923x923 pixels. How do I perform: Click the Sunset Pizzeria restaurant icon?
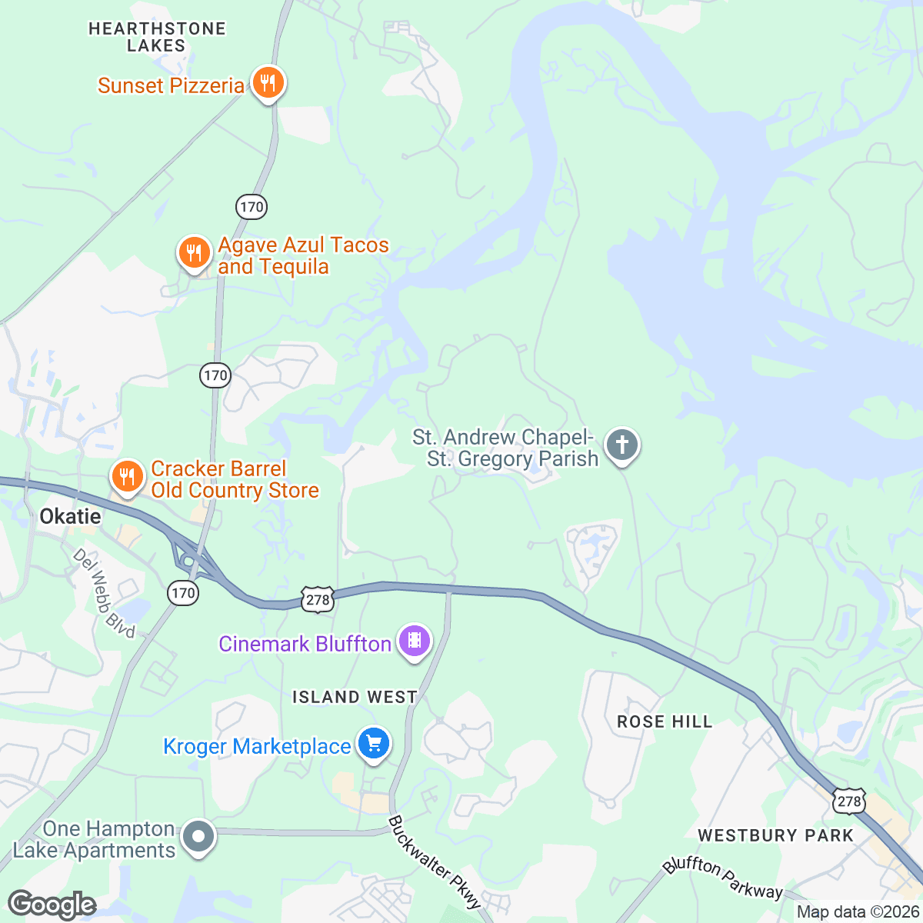click(x=268, y=82)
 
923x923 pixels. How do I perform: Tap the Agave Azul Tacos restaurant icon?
click(x=194, y=253)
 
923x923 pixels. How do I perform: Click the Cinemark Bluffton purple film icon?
click(x=415, y=641)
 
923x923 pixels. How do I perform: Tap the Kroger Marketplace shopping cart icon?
click(x=374, y=745)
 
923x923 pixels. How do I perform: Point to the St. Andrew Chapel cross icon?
click(x=622, y=445)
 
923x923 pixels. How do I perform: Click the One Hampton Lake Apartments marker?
click(x=198, y=837)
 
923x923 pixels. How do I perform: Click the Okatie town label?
click(x=70, y=516)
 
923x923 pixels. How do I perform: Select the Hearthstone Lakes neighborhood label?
click(x=157, y=37)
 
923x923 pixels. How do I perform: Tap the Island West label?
click(x=355, y=697)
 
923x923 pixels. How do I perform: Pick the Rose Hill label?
click(x=665, y=721)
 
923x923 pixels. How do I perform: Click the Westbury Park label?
click(x=775, y=835)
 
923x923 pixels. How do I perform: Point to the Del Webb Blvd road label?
click(x=105, y=593)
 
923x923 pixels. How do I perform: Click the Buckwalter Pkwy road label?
click(x=434, y=861)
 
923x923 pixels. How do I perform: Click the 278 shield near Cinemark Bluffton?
click(x=318, y=600)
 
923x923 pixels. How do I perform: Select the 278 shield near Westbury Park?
click(x=848, y=801)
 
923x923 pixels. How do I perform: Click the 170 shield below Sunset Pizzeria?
click(x=252, y=206)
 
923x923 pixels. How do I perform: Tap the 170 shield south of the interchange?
click(x=183, y=592)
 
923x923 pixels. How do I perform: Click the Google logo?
click(x=52, y=905)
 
